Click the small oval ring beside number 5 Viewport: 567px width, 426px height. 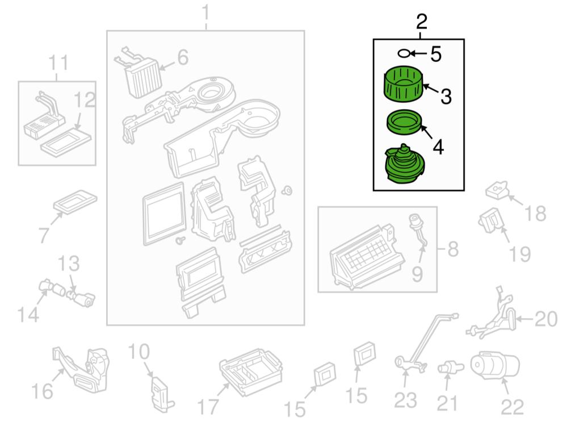point(403,53)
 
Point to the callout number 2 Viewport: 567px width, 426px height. point(421,22)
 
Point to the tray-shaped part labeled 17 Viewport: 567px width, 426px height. point(250,372)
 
